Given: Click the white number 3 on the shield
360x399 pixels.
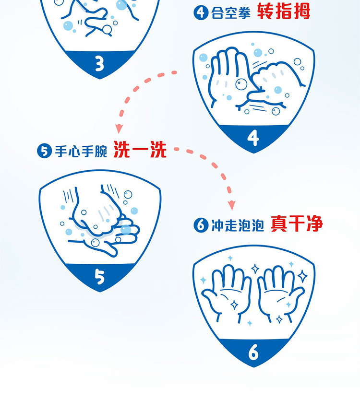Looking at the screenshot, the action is (99, 63).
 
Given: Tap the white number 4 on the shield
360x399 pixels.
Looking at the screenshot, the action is (253, 138).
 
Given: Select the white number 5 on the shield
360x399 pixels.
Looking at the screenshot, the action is (99, 277).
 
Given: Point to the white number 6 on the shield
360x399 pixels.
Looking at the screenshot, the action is (253, 352).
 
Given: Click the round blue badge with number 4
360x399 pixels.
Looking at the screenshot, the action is (201, 12).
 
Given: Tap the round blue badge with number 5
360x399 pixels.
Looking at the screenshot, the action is (45, 151).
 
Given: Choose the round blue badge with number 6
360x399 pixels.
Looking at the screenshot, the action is (201, 225).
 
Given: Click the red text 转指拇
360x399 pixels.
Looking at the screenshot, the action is (284, 12).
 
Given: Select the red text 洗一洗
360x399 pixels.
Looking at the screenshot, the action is (140, 150).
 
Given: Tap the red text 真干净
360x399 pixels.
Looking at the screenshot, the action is (297, 223).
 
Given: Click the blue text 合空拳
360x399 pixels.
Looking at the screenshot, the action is (231, 13).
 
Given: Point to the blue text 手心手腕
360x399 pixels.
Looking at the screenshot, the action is (81, 152).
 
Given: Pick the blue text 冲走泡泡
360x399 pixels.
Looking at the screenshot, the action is (238, 225).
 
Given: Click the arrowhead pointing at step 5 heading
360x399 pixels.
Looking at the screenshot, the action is (119, 129).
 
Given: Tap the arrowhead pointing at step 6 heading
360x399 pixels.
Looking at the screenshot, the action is (231, 205).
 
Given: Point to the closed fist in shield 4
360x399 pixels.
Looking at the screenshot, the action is (275, 79).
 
